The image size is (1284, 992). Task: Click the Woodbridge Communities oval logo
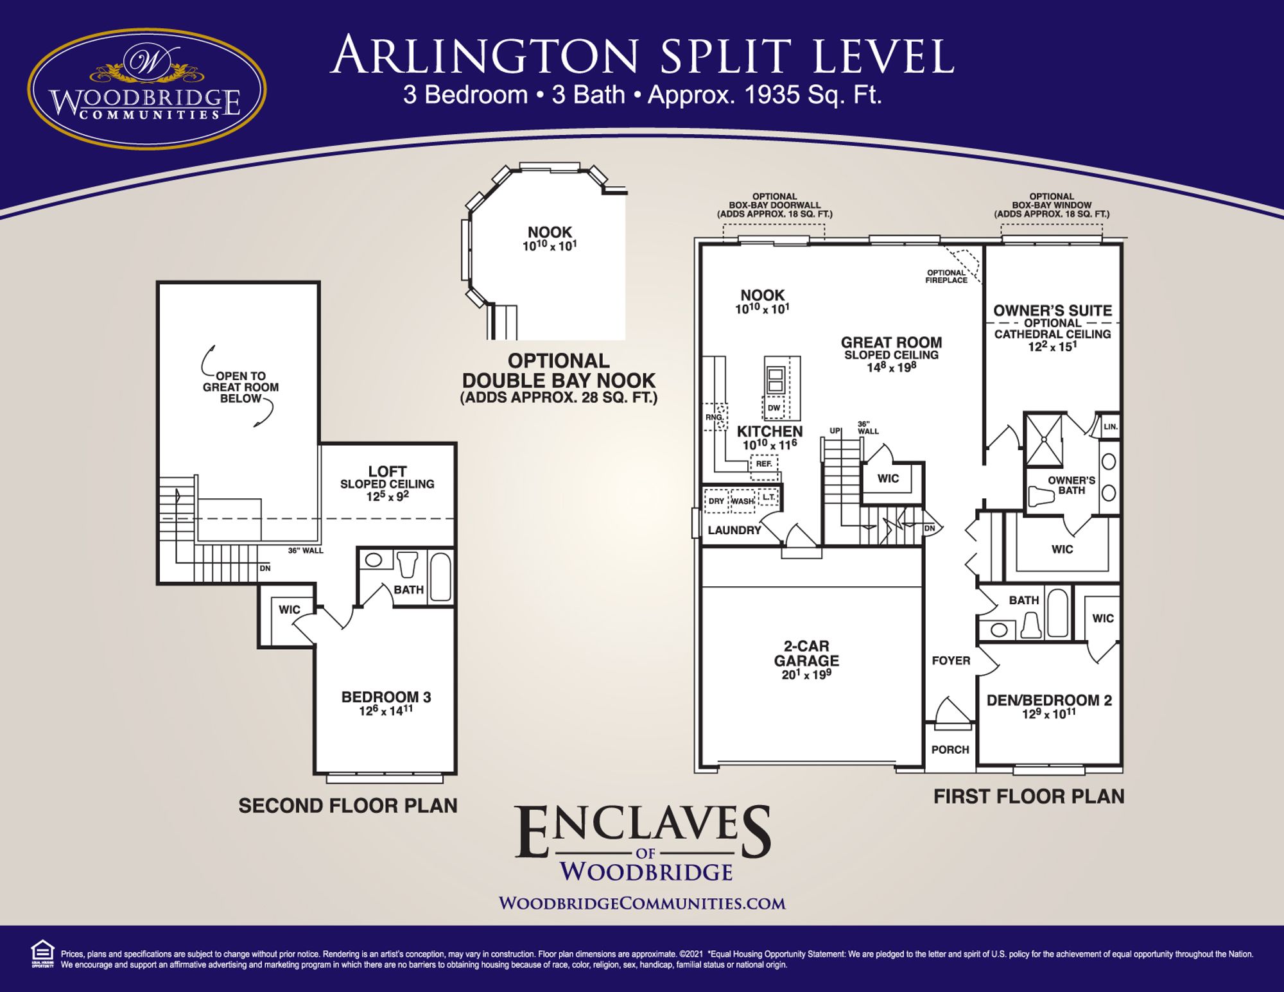tap(147, 89)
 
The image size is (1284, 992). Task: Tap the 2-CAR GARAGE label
tap(806, 654)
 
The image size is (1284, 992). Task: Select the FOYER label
tap(951, 661)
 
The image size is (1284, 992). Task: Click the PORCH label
tap(950, 749)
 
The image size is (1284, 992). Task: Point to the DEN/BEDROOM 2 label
tap(1049, 700)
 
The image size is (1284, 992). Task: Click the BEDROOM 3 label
tap(386, 697)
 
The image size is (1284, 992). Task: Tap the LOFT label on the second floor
tap(387, 471)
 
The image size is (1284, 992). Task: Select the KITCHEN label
tap(770, 431)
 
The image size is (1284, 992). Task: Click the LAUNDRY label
tap(734, 530)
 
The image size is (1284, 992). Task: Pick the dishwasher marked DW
tap(774, 408)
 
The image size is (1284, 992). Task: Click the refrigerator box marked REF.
tap(763, 464)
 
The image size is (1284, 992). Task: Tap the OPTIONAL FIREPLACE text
tap(946, 277)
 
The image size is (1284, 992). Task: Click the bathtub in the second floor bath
tap(440, 577)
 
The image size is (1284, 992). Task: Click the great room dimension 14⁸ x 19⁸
tap(891, 368)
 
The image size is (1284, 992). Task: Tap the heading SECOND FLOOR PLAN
tap(348, 806)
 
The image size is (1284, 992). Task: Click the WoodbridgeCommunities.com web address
tap(642, 903)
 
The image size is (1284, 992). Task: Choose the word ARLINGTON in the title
tap(488, 57)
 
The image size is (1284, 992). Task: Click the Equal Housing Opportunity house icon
tap(42, 953)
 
